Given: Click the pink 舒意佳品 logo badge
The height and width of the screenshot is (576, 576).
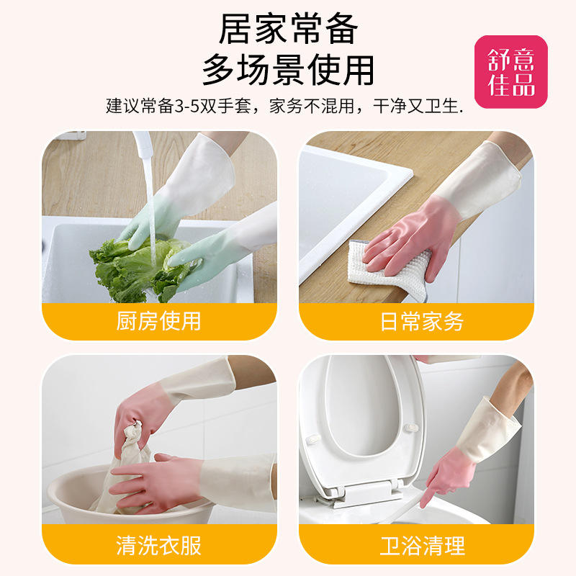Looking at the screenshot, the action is coord(510,72).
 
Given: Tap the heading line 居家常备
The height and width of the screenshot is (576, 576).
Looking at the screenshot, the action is coord(289,29).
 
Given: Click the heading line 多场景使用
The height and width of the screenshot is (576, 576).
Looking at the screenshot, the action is coord(289,70).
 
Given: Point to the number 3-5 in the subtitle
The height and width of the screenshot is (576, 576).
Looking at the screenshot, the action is coord(186,106).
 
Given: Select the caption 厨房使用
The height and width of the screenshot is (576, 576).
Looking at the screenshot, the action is coord(158,321).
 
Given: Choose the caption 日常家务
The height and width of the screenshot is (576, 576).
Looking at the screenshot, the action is coord(422,321).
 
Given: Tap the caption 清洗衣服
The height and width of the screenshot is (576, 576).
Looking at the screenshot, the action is coord(158,546).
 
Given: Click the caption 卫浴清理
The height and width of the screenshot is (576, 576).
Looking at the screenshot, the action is coord(422,546).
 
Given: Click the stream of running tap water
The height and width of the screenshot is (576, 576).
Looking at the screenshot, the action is coord(150,210).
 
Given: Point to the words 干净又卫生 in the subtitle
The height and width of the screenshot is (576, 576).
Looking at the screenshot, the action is coord(416,106).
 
